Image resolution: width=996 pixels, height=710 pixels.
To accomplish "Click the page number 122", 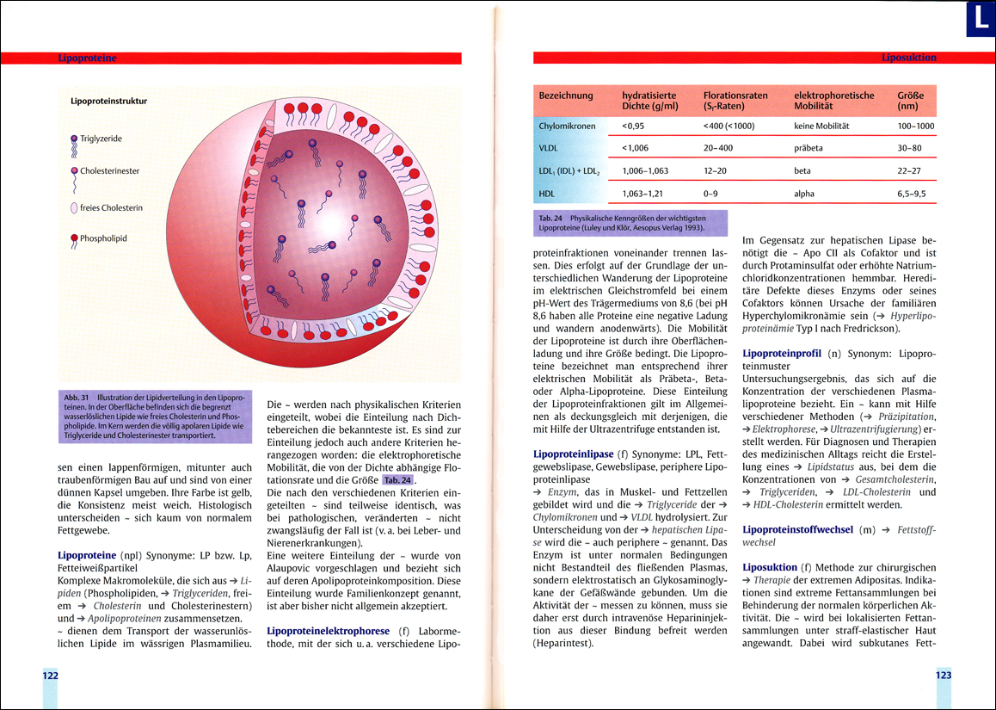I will pyautogui.click(x=51, y=676).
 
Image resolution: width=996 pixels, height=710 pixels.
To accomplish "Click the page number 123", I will pyautogui.click(x=944, y=676).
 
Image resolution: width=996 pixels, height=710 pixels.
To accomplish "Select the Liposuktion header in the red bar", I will pyautogui.click(x=908, y=59).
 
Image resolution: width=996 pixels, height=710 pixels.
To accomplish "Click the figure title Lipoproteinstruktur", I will pyautogui.click(x=108, y=101).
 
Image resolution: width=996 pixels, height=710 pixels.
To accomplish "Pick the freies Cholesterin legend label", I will pyautogui.click(x=111, y=207).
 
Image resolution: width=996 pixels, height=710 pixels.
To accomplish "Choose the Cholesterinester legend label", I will pyautogui.click(x=109, y=170).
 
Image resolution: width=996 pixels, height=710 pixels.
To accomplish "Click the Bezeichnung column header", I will pyautogui.click(x=566, y=96).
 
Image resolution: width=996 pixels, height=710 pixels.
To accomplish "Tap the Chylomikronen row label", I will pyautogui.click(x=567, y=126).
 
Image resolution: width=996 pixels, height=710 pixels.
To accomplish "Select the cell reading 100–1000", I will pyautogui.click(x=915, y=126).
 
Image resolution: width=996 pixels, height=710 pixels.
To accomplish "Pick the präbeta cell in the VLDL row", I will pyautogui.click(x=808, y=148).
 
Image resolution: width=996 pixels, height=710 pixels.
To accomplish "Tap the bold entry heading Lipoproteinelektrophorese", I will pyautogui.click(x=329, y=630).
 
